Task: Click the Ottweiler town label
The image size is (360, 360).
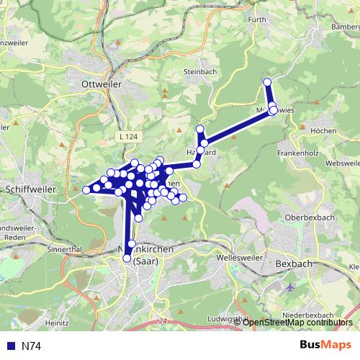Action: pyautogui.click(x=101, y=84)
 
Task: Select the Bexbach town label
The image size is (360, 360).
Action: pyautogui.click(x=294, y=264)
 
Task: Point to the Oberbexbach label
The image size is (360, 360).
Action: pyautogui.click(x=311, y=217)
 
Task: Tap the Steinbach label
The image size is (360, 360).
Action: pyautogui.click(x=200, y=72)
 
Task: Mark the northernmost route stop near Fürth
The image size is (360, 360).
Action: pyautogui.click(x=267, y=82)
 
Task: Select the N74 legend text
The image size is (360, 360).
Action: pyautogui.click(x=31, y=346)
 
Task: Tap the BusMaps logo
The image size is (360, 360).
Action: pyautogui.click(x=325, y=346)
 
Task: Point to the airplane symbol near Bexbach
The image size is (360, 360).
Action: pyautogui.click(x=289, y=287)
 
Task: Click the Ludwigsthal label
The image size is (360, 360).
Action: pyautogui.click(x=225, y=318)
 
